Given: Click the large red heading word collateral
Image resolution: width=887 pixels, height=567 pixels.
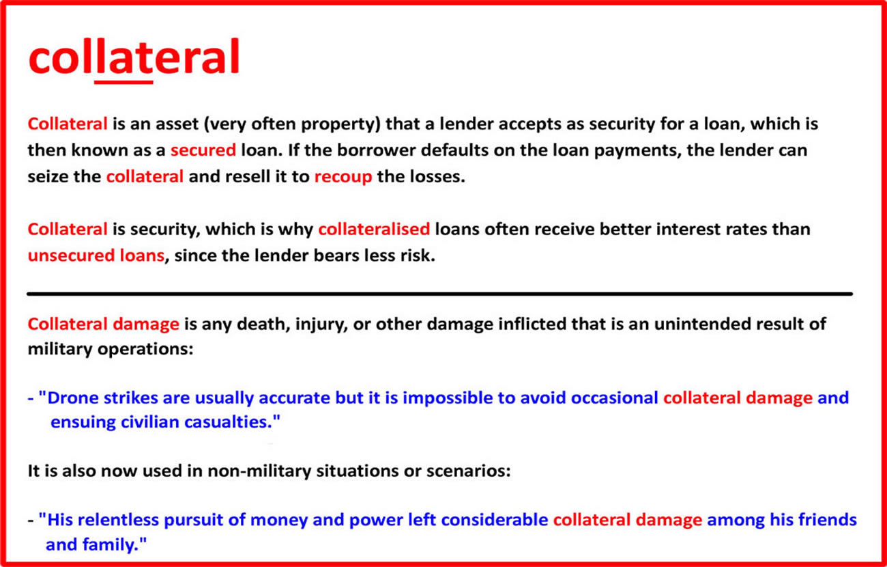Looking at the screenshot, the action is [134, 56].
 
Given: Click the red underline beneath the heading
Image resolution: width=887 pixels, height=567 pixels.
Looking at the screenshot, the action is [123, 82].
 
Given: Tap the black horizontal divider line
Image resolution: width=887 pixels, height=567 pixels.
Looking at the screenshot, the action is [439, 294].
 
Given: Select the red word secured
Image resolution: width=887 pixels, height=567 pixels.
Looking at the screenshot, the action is [203, 150].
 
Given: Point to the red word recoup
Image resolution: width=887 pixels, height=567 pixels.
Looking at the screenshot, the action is [343, 177].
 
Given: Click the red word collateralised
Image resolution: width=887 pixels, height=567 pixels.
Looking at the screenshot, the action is [374, 229].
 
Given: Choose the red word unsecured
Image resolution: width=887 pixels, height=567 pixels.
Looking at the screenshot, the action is [71, 255].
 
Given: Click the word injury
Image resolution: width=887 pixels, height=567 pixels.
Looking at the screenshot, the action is [321, 324].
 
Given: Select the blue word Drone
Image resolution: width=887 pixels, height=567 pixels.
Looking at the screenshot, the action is [73, 398].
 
